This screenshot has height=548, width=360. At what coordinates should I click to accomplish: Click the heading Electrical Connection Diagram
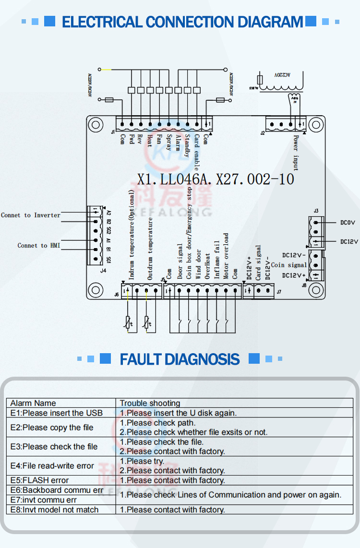182,22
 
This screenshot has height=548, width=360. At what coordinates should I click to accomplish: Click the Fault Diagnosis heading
180,359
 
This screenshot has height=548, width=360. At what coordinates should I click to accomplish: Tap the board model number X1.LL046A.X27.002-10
216,179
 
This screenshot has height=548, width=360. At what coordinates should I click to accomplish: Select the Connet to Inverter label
31,215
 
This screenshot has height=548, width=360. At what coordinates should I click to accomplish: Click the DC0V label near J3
348,223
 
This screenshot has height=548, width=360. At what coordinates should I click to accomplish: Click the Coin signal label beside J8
289,265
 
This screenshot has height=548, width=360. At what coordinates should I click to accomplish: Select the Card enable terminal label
197,152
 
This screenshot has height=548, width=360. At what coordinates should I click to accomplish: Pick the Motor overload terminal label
226,256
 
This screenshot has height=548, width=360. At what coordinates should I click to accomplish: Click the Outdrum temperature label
150,249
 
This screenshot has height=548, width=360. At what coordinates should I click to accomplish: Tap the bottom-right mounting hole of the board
315,289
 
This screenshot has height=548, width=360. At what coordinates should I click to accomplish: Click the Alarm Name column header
33,403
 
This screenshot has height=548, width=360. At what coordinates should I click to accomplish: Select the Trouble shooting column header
150,403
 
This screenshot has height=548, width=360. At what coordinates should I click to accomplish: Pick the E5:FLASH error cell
39,480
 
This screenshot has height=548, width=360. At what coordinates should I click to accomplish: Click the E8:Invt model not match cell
54,510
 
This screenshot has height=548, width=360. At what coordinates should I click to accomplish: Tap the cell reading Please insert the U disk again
178,413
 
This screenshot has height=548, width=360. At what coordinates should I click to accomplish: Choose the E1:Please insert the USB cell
57,413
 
